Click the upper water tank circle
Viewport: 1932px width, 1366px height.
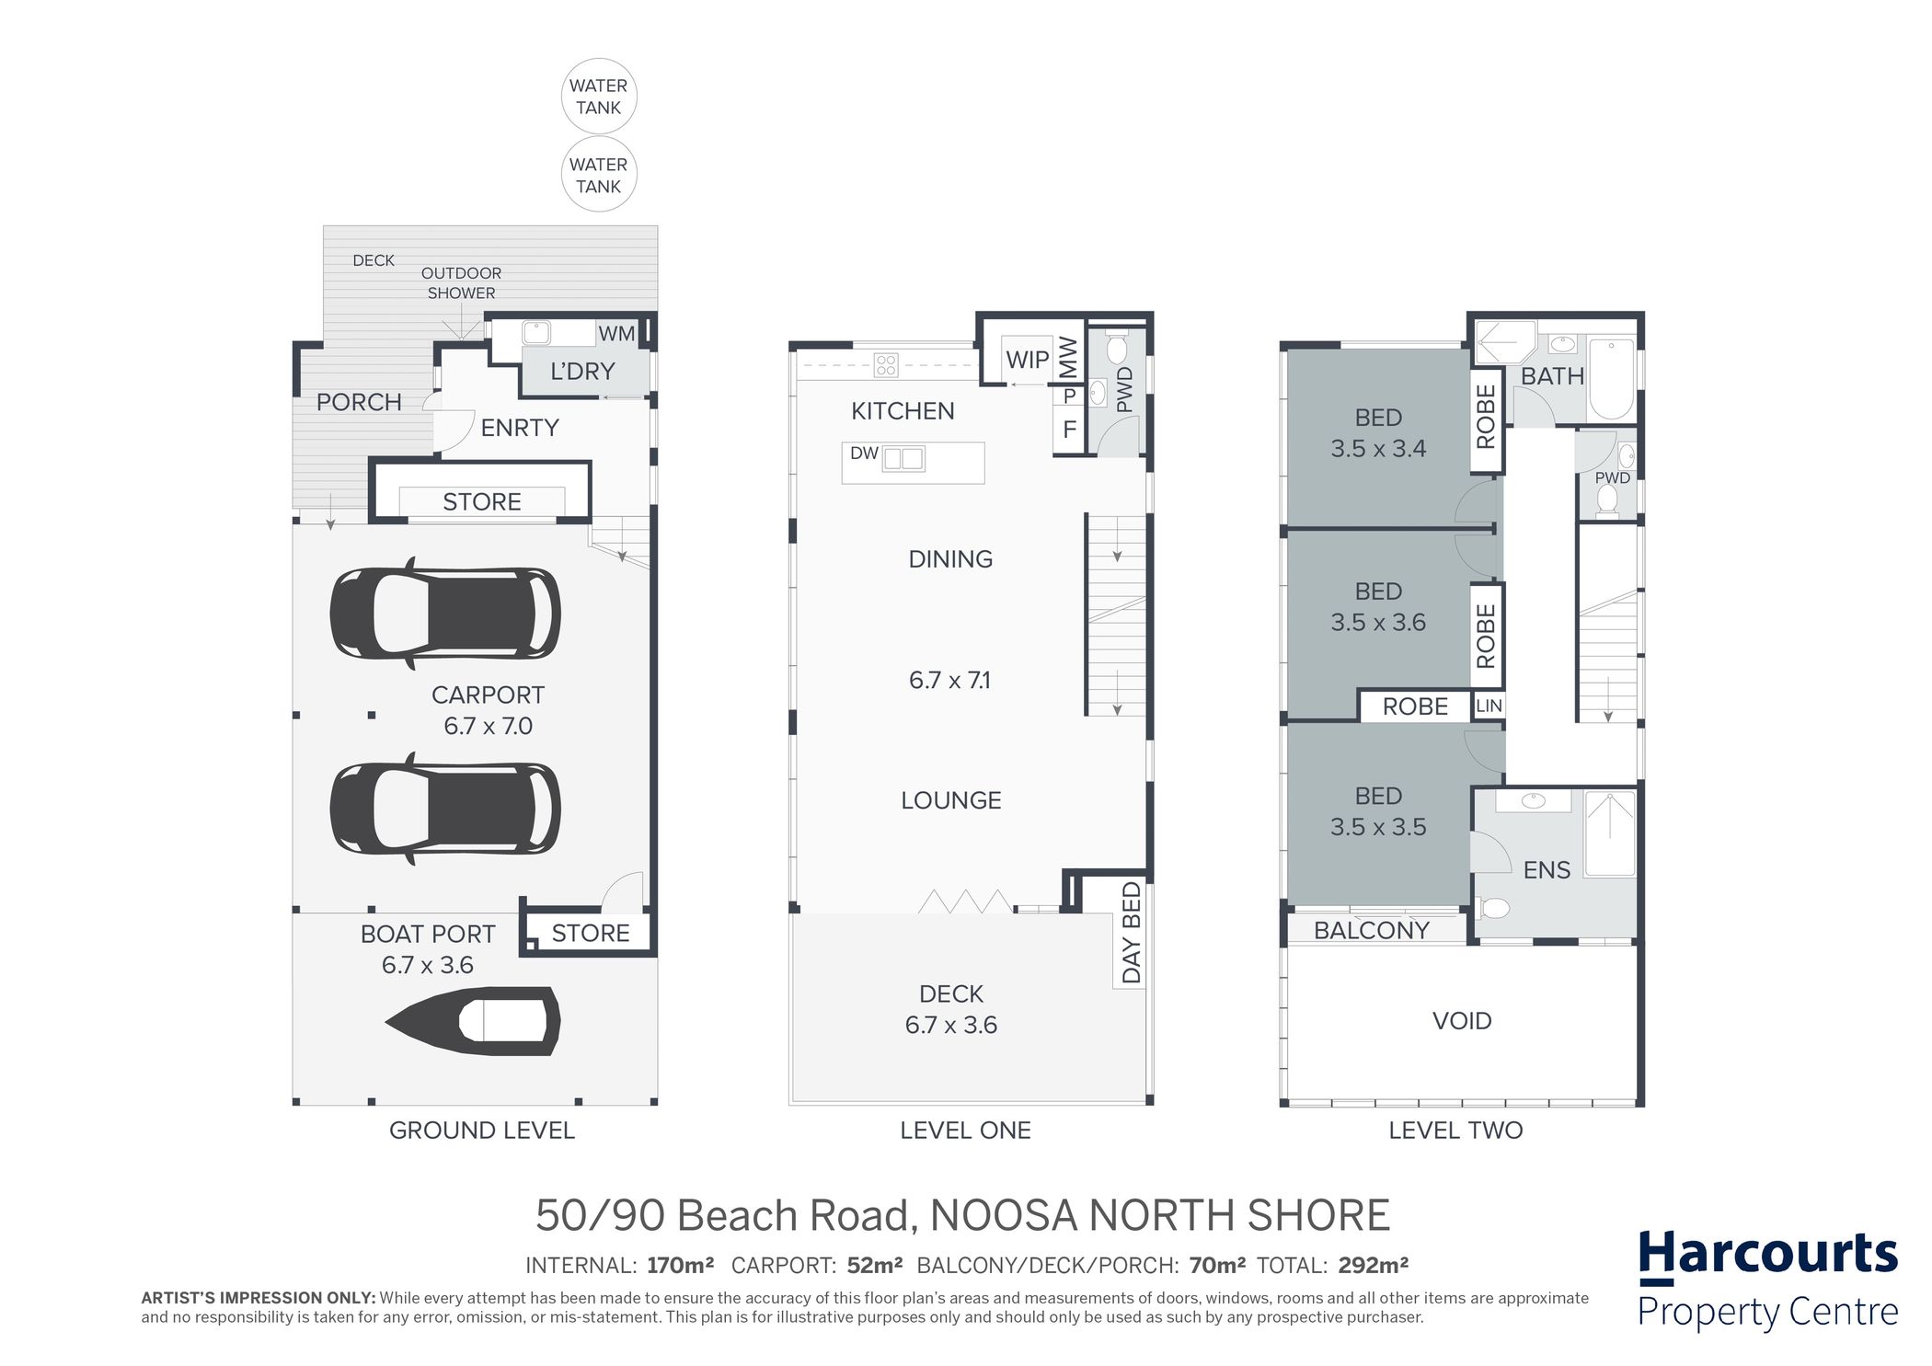(599, 96)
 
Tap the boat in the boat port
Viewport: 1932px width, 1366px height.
(473, 1021)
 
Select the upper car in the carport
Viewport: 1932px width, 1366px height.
(445, 614)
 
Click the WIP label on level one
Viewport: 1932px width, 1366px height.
(1027, 360)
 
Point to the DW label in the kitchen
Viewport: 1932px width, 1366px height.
(864, 453)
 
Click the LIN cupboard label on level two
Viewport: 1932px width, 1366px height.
(1489, 706)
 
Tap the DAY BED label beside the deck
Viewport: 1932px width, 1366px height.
(1132, 933)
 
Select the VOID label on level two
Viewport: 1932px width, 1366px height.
(1462, 1021)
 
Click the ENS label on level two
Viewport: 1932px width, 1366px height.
(1547, 870)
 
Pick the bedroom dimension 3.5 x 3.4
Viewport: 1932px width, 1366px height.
(1378, 449)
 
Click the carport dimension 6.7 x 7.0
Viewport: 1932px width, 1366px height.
(489, 726)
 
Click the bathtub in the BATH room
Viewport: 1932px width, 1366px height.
(1611, 378)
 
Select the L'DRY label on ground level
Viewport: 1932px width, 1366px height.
(582, 372)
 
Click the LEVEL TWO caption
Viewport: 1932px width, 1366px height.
(1455, 1131)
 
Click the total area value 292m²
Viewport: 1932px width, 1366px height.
(1373, 1266)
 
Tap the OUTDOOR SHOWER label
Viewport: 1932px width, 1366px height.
(461, 283)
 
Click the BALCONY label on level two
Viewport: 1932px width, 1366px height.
(1372, 931)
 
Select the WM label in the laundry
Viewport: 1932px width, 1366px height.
(616, 334)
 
